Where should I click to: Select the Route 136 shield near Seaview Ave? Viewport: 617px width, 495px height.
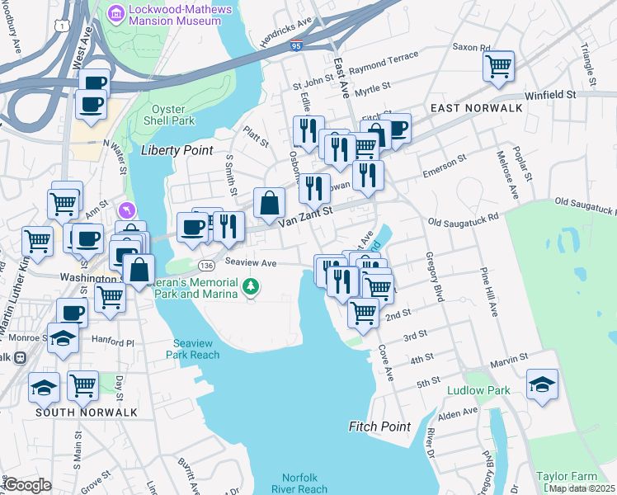(x=206, y=265)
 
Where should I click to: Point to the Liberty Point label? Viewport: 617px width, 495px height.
(x=177, y=150)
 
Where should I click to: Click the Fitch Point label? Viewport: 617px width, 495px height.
(x=379, y=427)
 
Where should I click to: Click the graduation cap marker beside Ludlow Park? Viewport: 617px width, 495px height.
(x=542, y=384)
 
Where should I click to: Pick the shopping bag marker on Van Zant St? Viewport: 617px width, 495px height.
(x=270, y=202)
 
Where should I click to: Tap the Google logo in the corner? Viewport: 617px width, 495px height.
(x=26, y=485)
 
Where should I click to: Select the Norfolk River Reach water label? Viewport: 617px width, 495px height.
(x=305, y=483)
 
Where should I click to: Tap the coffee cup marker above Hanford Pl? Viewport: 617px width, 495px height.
(x=72, y=313)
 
